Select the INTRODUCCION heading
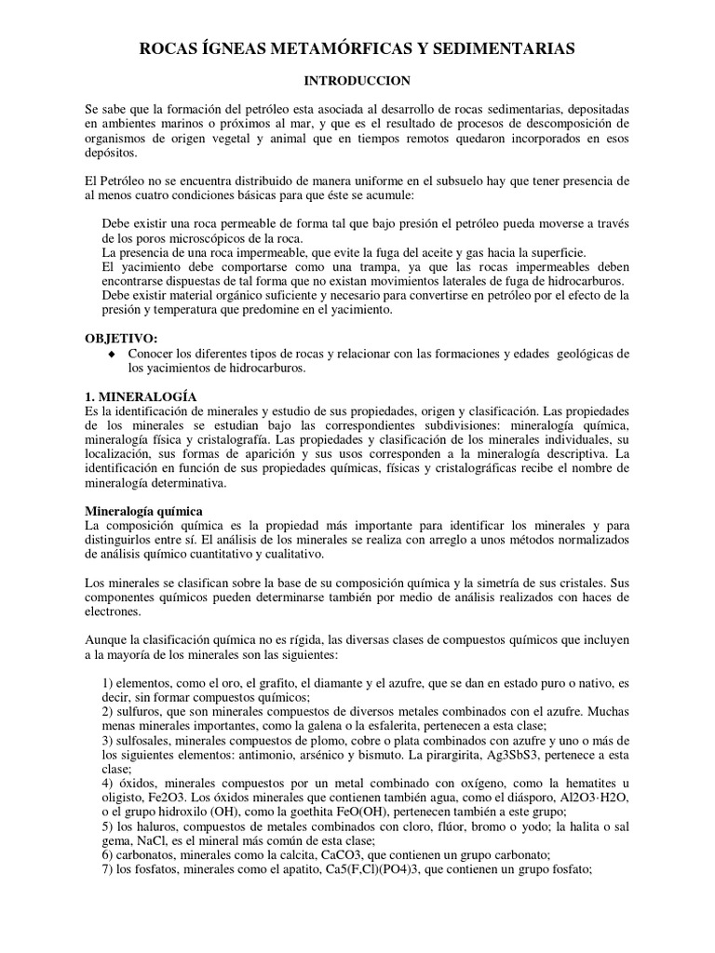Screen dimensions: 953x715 (357, 83)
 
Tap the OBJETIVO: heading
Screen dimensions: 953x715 (122, 338)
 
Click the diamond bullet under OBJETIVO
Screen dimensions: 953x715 (113, 354)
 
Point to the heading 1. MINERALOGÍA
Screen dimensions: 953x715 (136, 396)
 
